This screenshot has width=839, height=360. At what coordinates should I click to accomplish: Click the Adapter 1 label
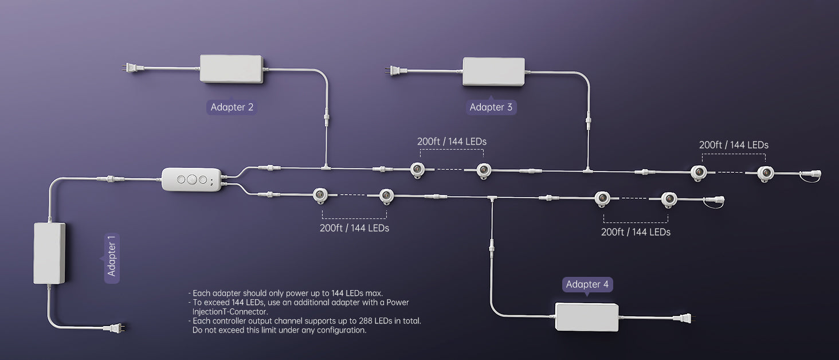(112, 259)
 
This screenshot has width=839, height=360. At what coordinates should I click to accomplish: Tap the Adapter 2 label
(232, 107)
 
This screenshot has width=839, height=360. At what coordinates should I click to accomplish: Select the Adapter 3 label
(491, 107)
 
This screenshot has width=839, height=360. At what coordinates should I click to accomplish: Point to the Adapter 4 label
(587, 284)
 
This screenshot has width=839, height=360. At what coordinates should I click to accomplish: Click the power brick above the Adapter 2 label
(232, 69)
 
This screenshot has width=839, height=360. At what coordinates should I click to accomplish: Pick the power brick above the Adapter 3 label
(493, 72)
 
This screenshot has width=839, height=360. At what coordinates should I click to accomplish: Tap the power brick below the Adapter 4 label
(586, 317)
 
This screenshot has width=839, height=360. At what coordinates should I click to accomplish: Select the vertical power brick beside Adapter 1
(49, 253)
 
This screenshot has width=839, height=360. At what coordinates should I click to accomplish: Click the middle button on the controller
(192, 179)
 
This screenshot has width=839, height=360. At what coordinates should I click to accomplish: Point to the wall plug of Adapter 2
(132, 68)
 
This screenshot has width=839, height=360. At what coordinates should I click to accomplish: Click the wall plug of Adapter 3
(396, 71)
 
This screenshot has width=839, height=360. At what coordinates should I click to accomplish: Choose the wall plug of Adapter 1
(114, 328)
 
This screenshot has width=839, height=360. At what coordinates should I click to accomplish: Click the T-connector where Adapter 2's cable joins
(326, 167)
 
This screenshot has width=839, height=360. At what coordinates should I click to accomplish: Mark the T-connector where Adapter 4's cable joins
(492, 198)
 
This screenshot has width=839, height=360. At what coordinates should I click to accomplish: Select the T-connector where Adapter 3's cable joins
(588, 170)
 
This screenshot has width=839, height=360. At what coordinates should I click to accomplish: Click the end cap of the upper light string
(811, 174)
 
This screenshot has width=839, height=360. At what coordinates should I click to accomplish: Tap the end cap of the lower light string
(715, 201)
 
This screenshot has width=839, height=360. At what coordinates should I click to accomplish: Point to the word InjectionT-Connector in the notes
(230, 312)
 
